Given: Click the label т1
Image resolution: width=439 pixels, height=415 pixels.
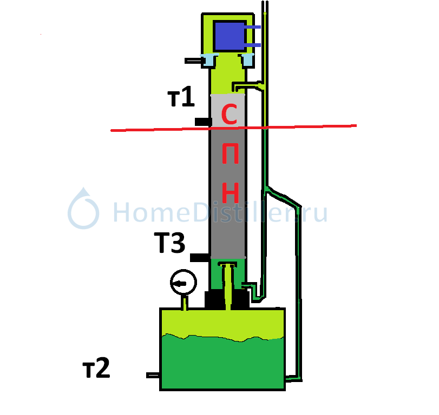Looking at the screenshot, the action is tap(181, 96).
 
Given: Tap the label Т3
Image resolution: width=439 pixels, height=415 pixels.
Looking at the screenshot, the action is tap(169, 243).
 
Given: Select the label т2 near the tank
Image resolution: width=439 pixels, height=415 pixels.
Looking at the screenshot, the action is tap(96, 368).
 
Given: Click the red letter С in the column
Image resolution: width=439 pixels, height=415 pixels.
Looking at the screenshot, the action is tap(230, 114).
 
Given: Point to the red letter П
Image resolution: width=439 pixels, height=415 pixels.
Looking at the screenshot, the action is tap(230, 153).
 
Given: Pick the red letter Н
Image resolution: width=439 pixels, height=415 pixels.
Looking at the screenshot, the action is tap(230, 193).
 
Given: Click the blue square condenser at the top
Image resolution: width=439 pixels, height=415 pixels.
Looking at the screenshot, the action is tap(230, 36).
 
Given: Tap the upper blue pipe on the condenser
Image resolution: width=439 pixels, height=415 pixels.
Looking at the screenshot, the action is tap(253, 27).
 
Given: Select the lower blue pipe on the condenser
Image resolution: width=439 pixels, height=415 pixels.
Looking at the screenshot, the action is tap(253, 45).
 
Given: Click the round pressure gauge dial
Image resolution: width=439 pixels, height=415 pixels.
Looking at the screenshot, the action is tap(184, 282).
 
